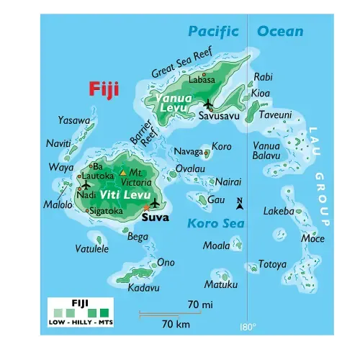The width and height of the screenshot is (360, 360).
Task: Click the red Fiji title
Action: pos(104,89)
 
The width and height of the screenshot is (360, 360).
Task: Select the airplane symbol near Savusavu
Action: pos(208,104)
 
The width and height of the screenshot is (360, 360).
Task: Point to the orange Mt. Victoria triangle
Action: pos(122,173)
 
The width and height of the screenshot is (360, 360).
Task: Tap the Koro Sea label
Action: pos(207,224)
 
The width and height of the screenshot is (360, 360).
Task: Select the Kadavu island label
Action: pos(143,287)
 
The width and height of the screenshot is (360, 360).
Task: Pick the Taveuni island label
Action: pos(275,114)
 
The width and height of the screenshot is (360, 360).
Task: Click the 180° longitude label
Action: pos(247,327)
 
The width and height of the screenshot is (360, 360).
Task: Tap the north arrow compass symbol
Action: pos(240,204)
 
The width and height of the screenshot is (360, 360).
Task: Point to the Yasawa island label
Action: pos(74,120)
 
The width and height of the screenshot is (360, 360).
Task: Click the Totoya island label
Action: pos(272,264)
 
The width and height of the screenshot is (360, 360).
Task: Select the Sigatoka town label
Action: pos(106,211)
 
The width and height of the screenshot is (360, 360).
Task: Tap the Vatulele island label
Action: pos(92,249)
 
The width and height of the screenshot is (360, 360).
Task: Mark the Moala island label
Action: pos(216,246)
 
